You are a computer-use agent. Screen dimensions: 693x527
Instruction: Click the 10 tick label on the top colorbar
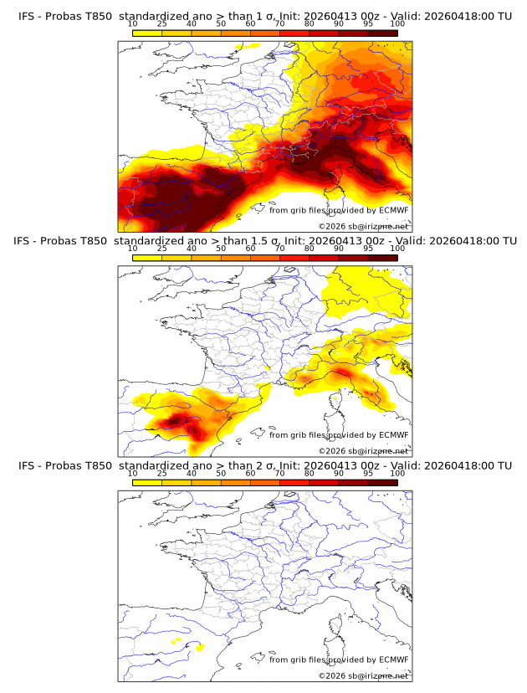coord(132,24)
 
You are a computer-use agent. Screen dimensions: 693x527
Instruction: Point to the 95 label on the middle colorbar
coord(368,249)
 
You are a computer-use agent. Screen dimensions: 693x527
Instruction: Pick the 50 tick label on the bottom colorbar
coord(221,474)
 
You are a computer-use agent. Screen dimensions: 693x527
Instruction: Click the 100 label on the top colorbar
coord(397,24)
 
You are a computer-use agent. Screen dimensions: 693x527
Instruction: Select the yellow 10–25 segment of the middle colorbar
coord(146,258)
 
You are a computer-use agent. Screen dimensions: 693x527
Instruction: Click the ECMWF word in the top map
coord(394,211)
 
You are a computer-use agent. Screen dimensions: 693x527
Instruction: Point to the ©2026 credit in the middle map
coord(333,450)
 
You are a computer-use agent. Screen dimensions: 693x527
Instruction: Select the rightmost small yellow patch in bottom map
coord(199,646)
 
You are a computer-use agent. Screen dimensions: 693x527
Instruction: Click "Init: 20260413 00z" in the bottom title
coord(335,465)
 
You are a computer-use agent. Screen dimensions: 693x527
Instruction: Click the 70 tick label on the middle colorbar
coord(279,249)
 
